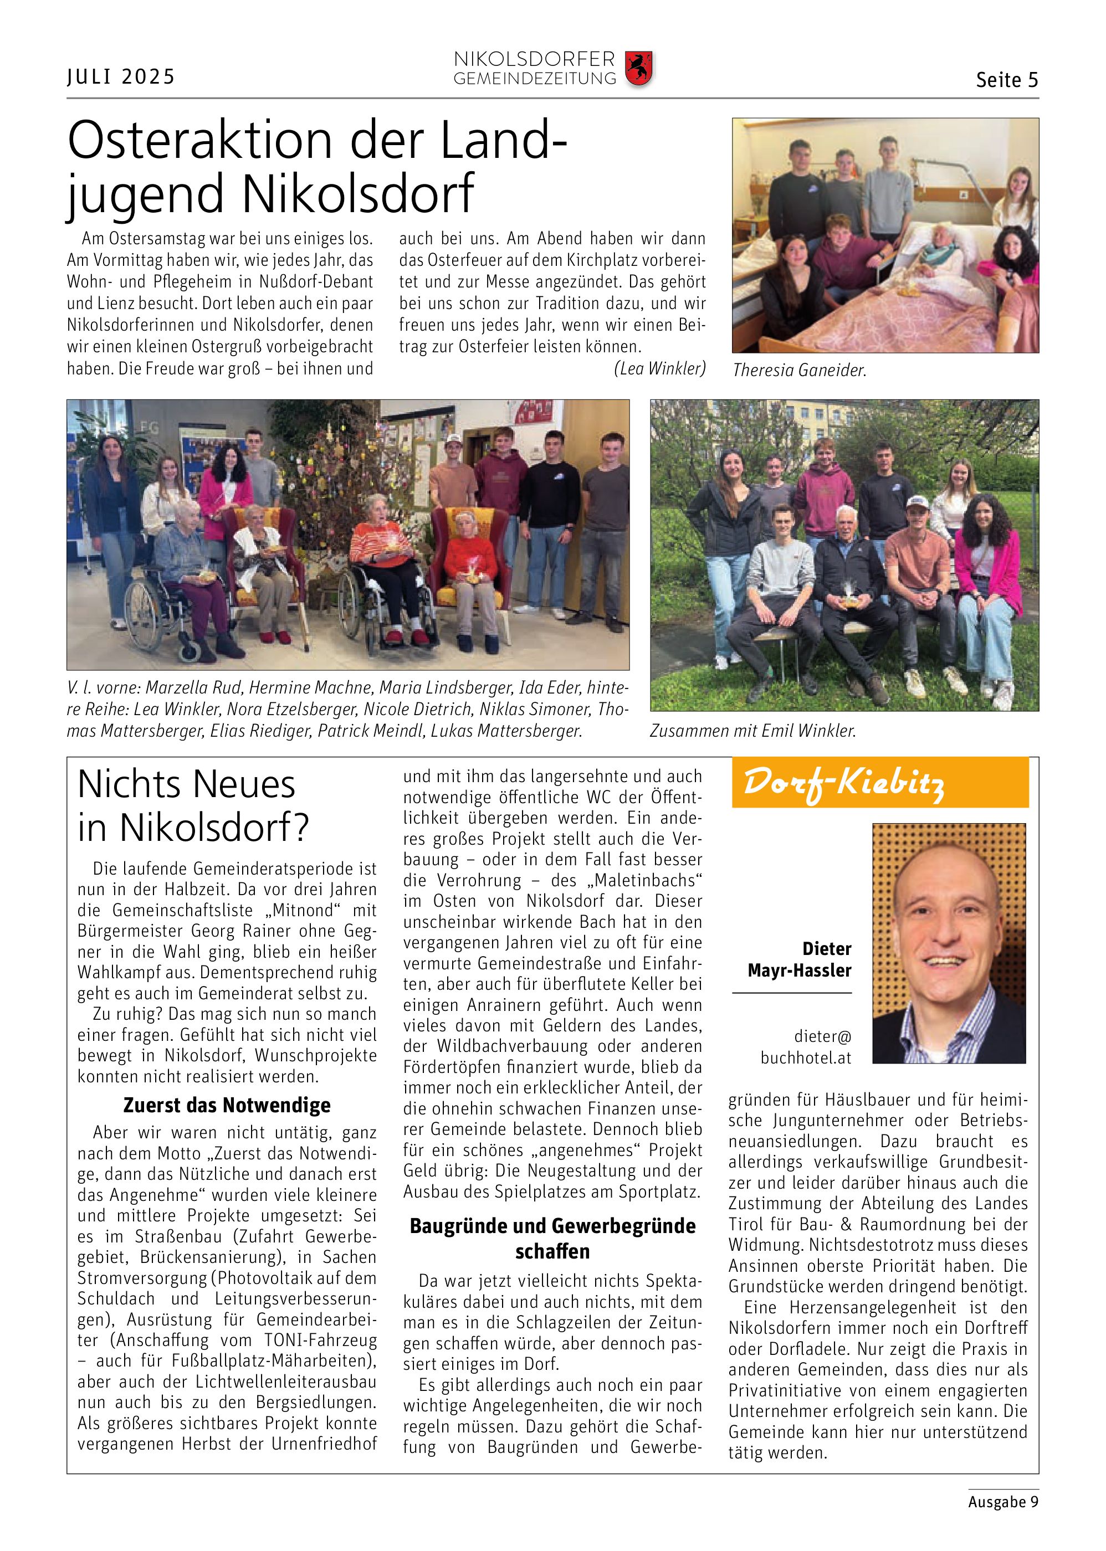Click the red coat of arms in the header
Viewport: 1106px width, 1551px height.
pyautogui.click(x=638, y=68)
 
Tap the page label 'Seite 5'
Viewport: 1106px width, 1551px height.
pyautogui.click(x=1007, y=80)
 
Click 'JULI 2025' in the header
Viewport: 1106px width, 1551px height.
pyautogui.click(x=121, y=77)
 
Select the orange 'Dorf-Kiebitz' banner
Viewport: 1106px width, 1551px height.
pyautogui.click(x=879, y=782)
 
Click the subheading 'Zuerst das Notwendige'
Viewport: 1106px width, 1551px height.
pyautogui.click(x=227, y=1105)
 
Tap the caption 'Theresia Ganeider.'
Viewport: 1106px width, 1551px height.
pyautogui.click(x=799, y=371)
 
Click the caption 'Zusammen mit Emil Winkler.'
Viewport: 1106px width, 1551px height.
pyautogui.click(x=752, y=731)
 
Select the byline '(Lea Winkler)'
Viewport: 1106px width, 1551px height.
pyautogui.click(x=659, y=368)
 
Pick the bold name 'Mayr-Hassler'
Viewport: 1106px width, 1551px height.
pyautogui.click(x=799, y=970)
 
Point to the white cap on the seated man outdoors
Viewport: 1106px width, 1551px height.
pyautogui.click(x=918, y=502)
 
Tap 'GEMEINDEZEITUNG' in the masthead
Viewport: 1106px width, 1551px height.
pyautogui.click(x=535, y=80)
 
